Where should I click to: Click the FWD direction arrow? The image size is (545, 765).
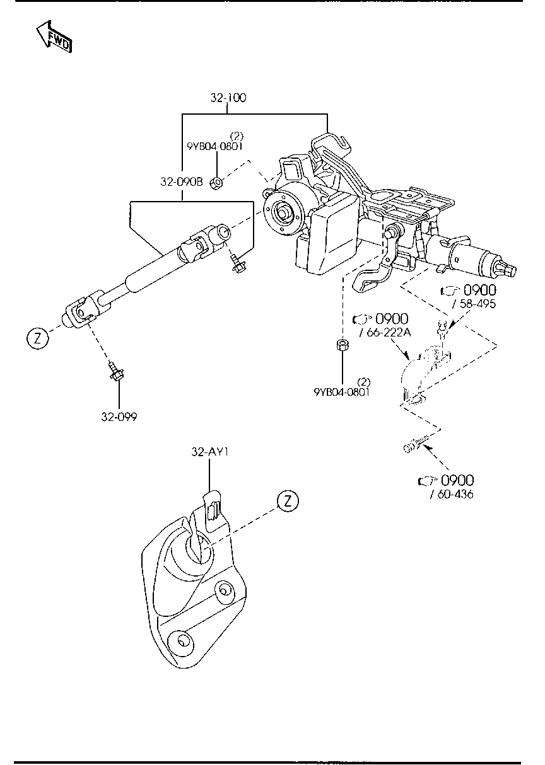53,37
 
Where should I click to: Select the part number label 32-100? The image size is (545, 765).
228,98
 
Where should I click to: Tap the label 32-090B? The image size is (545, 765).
181,182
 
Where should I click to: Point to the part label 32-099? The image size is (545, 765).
119,417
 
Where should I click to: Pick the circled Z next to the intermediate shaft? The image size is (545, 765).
37,338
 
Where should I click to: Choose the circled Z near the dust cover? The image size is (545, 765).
287,501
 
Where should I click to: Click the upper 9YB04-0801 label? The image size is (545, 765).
214,146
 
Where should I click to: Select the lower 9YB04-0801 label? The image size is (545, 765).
342,391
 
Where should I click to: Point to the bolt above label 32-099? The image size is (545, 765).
116,371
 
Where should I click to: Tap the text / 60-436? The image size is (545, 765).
452,494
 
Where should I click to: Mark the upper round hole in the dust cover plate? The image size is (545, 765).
222,590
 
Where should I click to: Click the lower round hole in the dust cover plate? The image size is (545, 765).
183,641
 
